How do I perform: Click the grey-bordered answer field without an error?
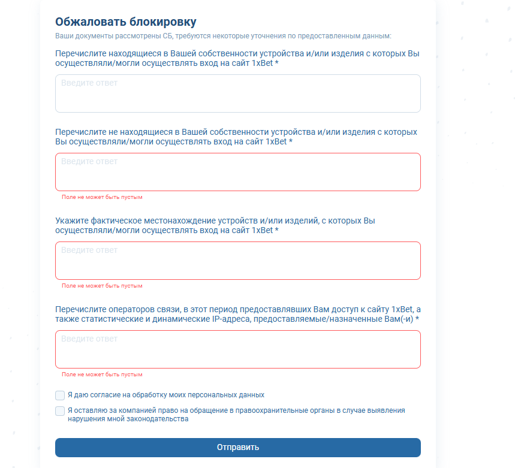(x=237, y=93)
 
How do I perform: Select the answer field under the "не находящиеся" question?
(x=237, y=172)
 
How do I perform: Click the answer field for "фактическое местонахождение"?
(x=237, y=261)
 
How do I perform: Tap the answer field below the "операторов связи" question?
(x=237, y=349)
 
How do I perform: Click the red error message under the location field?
(x=102, y=286)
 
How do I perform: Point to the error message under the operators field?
(x=102, y=375)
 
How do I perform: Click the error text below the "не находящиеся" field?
(x=102, y=197)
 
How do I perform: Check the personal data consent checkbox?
(x=60, y=395)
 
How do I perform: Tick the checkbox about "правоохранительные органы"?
(x=60, y=411)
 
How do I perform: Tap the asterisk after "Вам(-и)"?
(x=417, y=319)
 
